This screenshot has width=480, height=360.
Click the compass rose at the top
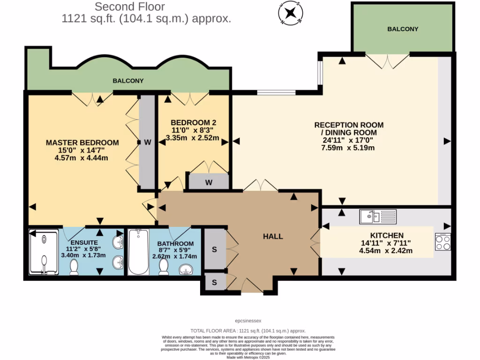click(x=291, y=13)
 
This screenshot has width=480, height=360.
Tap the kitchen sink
click(x=378, y=217)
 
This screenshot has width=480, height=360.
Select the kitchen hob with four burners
click(x=442, y=242)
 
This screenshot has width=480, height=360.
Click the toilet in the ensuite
click(x=74, y=267)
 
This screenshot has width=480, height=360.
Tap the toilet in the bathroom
click(x=164, y=267)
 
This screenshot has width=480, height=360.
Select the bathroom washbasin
click(x=189, y=270)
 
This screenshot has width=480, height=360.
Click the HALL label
click(x=272, y=236)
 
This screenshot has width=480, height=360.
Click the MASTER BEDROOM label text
click(x=82, y=142)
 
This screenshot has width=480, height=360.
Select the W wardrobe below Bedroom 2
click(x=208, y=182)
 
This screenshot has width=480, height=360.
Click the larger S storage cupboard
click(x=214, y=249)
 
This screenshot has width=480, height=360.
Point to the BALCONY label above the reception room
click(x=403, y=29)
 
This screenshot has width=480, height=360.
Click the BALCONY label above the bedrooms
click(x=128, y=81)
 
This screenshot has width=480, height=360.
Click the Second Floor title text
click(x=130, y=7)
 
